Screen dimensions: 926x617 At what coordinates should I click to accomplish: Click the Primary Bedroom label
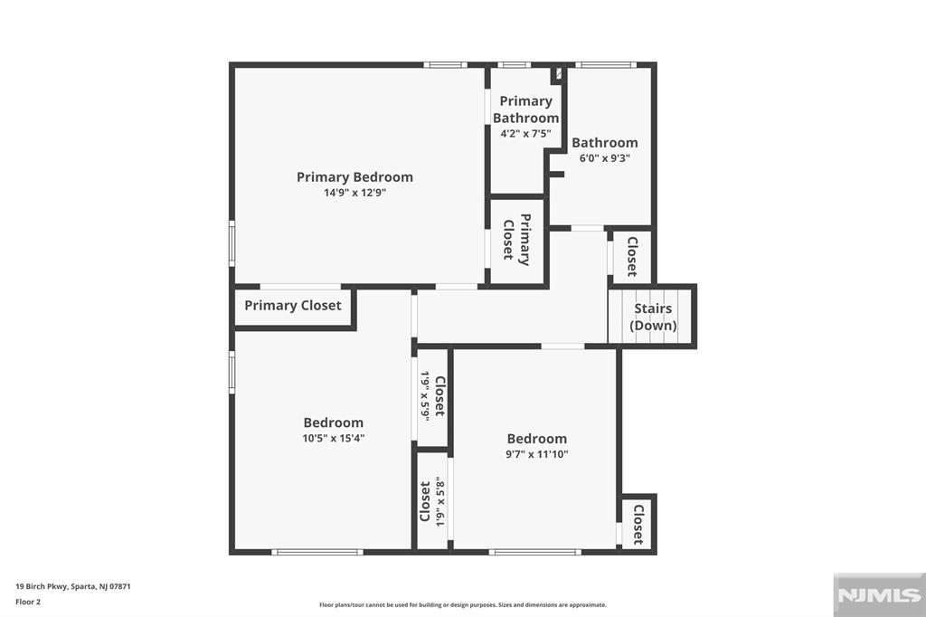tap(354, 177)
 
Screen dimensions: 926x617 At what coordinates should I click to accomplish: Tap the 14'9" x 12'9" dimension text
tap(354, 193)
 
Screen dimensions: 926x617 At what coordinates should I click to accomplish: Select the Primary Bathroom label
tap(525, 109)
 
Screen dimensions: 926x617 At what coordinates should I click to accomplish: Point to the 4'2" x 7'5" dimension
tap(525, 134)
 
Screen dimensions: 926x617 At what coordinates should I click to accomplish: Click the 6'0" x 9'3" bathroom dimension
tap(605, 158)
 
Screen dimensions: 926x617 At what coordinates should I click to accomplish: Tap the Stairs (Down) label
tap(653, 317)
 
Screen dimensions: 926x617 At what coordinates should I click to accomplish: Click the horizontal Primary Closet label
tap(293, 306)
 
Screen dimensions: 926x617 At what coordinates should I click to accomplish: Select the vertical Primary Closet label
tap(516, 240)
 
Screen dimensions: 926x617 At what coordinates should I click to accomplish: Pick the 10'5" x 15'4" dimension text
tap(334, 439)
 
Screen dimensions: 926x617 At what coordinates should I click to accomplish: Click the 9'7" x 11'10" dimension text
tap(537, 454)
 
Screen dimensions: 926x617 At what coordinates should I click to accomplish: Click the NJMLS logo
tap(879, 595)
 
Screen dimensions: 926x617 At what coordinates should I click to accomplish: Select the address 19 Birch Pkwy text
tap(72, 587)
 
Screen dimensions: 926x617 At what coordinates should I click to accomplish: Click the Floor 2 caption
tap(28, 603)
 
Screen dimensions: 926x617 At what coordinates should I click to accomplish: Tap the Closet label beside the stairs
tap(632, 257)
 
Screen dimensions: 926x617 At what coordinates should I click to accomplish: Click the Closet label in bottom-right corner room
tap(638, 524)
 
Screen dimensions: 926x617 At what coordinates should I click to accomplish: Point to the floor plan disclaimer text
tap(463, 604)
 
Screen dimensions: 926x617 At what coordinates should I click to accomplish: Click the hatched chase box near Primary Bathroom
tap(557, 74)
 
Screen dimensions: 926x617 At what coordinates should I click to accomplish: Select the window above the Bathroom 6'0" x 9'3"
tap(606, 65)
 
